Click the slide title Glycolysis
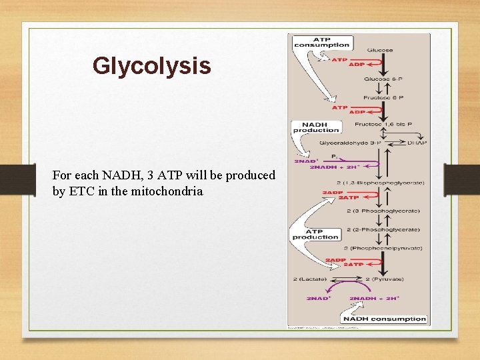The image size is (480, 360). (x=151, y=66)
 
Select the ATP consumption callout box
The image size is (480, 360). (x=322, y=42)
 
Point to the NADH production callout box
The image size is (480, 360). (x=315, y=127)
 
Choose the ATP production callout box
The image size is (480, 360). (x=315, y=233)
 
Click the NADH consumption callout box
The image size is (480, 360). (x=385, y=319)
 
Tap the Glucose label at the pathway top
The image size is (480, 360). (x=379, y=50)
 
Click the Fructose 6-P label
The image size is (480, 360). (x=383, y=98)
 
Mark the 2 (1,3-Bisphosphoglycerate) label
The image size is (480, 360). (x=382, y=182)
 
